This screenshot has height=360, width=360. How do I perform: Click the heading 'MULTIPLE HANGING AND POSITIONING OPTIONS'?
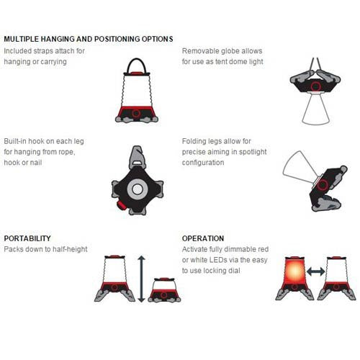coord(88,39)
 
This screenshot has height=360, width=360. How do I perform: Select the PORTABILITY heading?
coord(27,238)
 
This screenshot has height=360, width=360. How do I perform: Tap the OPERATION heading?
coord(203,238)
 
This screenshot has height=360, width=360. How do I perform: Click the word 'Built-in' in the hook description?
coord(18,142)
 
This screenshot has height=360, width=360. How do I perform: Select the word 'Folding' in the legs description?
coord(196,142)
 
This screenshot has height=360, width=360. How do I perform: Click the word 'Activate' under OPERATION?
coord(198,248)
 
